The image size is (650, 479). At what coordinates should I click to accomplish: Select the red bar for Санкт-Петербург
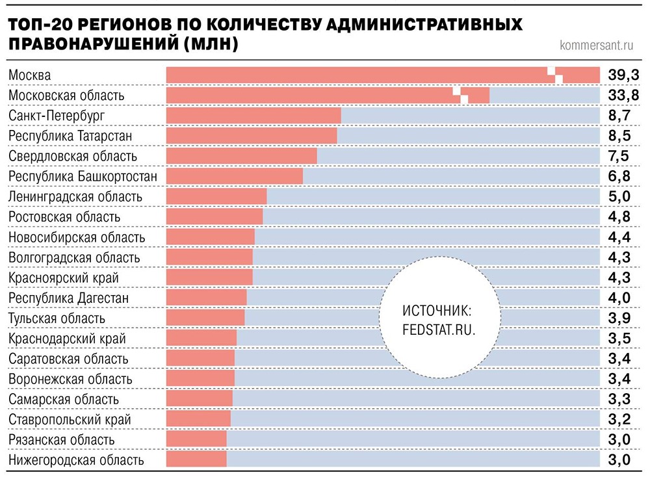253,116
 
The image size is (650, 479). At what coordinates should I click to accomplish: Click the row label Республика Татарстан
70,136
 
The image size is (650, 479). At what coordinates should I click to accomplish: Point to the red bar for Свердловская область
241,156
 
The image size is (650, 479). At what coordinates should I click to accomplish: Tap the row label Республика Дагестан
68,298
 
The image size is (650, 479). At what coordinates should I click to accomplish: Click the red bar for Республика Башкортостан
235,176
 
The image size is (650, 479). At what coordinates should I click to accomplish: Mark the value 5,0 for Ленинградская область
619,197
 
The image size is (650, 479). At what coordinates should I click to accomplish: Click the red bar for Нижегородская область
196,460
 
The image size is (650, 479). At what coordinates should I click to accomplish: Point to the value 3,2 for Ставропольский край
619,419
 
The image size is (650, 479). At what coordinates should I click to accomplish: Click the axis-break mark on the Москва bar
554,75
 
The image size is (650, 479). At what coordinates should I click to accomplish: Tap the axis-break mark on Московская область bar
460,95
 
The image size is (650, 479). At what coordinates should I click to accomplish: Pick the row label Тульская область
57,318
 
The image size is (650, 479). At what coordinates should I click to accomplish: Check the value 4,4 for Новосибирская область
619,237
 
